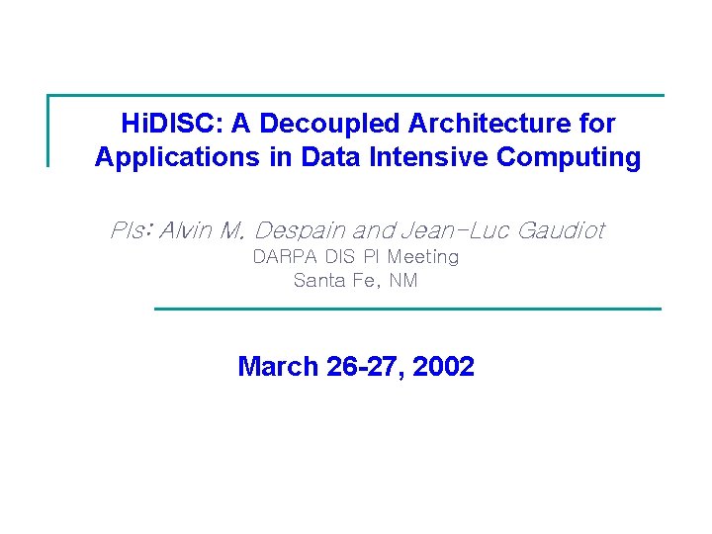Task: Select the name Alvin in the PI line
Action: [187, 230]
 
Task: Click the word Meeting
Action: [423, 257]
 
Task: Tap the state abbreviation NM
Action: [403, 281]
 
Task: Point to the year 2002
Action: [443, 367]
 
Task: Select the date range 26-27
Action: [361, 367]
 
